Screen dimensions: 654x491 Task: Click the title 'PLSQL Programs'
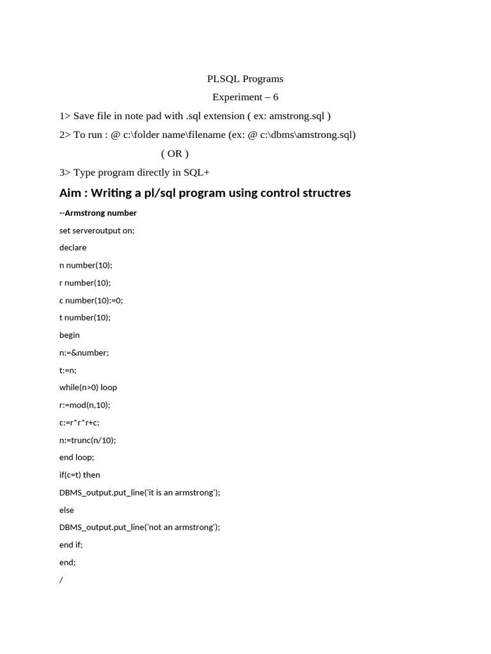click(x=245, y=79)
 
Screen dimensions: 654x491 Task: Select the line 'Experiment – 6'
click(x=245, y=97)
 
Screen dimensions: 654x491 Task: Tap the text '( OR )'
click(x=175, y=153)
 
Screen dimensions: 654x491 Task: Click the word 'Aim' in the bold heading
click(x=70, y=193)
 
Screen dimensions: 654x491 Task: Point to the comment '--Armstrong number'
click(x=98, y=213)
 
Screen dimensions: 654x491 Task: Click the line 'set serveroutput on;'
click(x=97, y=231)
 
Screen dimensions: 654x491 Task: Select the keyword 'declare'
click(x=73, y=248)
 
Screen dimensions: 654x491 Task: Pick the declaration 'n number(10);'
click(x=86, y=265)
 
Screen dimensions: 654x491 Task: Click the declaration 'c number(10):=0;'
click(x=91, y=300)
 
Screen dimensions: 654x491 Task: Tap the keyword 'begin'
click(x=70, y=335)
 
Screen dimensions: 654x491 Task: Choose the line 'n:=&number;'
click(x=84, y=353)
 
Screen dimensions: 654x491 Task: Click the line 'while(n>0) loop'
click(x=88, y=387)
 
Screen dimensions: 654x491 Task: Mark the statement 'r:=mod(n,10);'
click(x=85, y=405)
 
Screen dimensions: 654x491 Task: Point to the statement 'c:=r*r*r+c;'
click(x=79, y=422)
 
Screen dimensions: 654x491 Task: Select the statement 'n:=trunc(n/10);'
click(x=88, y=440)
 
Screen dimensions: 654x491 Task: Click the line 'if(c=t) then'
click(x=80, y=475)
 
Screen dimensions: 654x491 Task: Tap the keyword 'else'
click(x=66, y=510)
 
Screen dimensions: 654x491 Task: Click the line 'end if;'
click(x=71, y=545)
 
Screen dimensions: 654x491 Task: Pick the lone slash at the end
click(x=61, y=580)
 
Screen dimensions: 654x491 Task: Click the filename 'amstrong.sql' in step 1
click(x=297, y=116)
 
